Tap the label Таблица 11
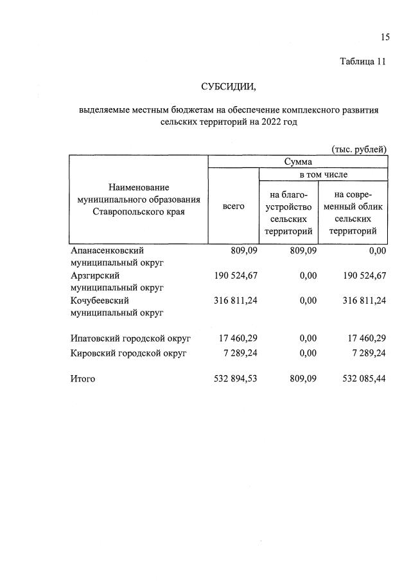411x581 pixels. click(x=363, y=62)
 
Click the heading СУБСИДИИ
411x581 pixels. click(x=228, y=86)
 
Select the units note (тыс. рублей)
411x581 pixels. click(x=359, y=149)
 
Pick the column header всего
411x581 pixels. click(x=234, y=206)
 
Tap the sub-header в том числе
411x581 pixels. click(x=323, y=174)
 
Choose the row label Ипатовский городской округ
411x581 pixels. click(x=131, y=337)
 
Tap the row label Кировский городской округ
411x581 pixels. click(x=128, y=354)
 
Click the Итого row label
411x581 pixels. click(x=82, y=379)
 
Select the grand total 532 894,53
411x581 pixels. click(x=235, y=379)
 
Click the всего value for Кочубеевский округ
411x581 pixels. click(x=235, y=300)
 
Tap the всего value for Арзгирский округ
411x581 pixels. click(x=235, y=275)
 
